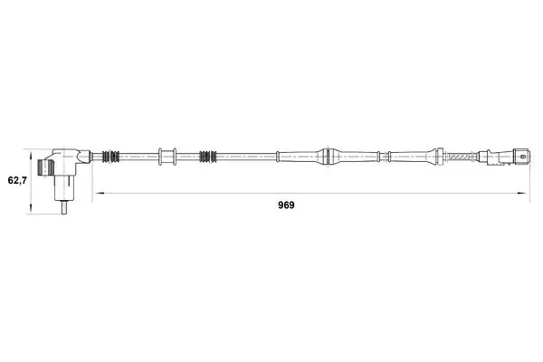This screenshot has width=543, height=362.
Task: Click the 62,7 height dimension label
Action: [x=17, y=180]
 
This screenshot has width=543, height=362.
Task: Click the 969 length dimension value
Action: [x=286, y=205]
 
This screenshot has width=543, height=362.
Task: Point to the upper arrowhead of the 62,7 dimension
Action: [x=31, y=154]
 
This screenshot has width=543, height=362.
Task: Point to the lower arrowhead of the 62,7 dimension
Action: [x=31, y=209]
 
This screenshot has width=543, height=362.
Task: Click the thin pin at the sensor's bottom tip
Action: [x=63, y=207]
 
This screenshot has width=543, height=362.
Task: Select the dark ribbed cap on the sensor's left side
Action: [x=45, y=168]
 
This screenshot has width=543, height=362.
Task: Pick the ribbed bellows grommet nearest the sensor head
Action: [x=110, y=157]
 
